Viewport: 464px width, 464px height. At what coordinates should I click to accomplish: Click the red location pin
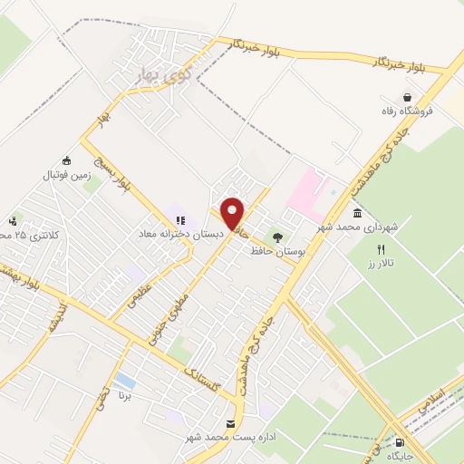point(233,212)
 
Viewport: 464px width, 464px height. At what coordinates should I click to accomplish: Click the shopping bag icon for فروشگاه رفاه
point(409,96)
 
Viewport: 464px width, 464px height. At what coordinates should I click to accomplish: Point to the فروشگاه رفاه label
point(410,111)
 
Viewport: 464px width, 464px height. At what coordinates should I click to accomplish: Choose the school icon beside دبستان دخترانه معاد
point(179,219)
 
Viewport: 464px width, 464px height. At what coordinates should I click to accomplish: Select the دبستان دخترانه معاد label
point(180,234)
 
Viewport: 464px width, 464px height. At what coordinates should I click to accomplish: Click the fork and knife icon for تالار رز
point(382,249)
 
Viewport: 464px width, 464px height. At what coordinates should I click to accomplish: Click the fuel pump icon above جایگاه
point(400,441)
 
